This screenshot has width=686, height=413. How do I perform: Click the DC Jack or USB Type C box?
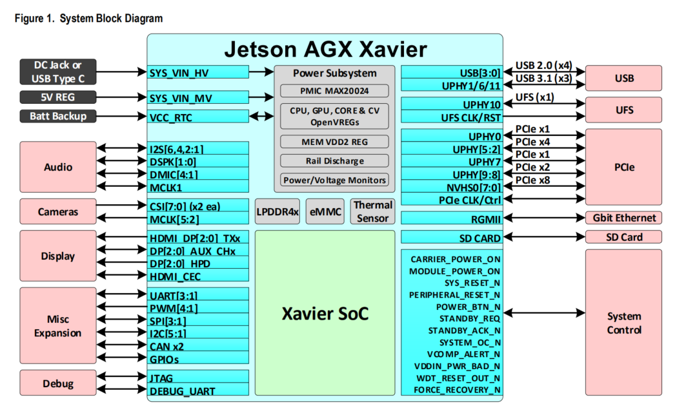57,72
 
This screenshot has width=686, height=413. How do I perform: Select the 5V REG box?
57,98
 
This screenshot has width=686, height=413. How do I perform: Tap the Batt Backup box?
57,116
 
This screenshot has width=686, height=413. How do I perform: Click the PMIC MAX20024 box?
334,90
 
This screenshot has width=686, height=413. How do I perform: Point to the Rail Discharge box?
334,160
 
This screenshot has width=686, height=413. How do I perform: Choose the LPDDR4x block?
277,212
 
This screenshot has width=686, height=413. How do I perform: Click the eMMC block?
325,212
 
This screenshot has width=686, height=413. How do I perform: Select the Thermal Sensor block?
372,212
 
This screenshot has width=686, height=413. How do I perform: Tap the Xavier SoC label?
325,314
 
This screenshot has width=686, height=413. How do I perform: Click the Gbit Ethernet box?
623,218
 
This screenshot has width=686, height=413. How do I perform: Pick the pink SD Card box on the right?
623,237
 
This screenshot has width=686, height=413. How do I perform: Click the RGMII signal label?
485,219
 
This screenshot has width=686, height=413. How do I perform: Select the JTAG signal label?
161,378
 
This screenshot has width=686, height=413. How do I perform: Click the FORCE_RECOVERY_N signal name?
457,389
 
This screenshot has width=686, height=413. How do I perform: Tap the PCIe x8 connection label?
533,180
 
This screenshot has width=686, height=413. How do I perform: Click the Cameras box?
57,211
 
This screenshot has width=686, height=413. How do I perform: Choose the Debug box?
57,383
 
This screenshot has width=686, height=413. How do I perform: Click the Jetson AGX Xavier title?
325,50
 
